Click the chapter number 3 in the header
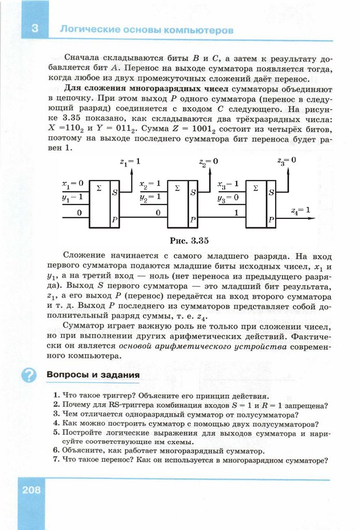pos(34,28)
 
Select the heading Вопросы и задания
pos(93,374)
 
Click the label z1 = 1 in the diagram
pos(130,161)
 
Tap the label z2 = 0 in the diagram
pos(209,161)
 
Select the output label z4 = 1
pos(300,210)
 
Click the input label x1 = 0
pos(73,183)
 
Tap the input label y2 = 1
pos(150,197)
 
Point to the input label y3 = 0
pos(228,197)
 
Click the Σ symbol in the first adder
pos(99,188)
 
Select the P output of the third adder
pos(271,220)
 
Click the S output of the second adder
pos(193,193)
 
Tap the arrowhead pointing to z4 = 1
pos(312,217)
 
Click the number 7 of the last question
pos(55,461)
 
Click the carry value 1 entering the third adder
pos(236,212)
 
